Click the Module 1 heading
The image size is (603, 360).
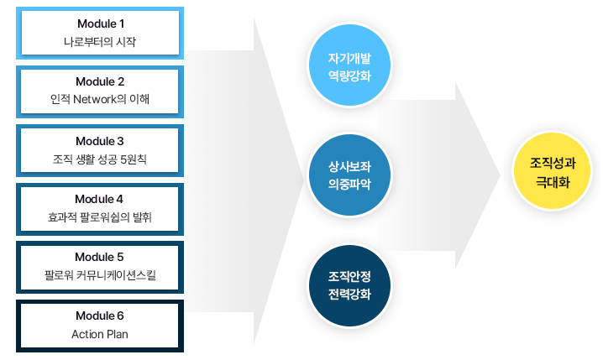(101, 23)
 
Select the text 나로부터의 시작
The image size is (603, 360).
(100, 41)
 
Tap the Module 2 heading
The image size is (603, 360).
(100, 81)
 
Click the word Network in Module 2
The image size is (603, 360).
(95, 99)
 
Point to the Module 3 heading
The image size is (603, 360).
(100, 141)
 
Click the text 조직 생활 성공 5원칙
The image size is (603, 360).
(100, 159)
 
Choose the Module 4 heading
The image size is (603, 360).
(99, 199)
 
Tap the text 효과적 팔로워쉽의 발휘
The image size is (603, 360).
(100, 217)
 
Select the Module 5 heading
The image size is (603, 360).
(99, 257)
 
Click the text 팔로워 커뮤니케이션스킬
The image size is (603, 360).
(100, 274)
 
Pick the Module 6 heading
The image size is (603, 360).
(100, 316)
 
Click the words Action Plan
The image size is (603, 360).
(100, 334)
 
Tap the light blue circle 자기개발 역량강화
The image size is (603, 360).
(349, 65)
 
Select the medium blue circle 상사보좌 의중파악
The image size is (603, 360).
(349, 175)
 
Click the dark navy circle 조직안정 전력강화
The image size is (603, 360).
(349, 285)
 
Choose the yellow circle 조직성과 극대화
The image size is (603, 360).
(553, 171)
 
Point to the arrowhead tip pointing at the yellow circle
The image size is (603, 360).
(501, 175)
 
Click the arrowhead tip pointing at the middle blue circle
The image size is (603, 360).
(304, 180)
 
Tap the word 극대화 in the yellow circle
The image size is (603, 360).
(553, 182)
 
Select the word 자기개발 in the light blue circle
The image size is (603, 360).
(349, 58)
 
